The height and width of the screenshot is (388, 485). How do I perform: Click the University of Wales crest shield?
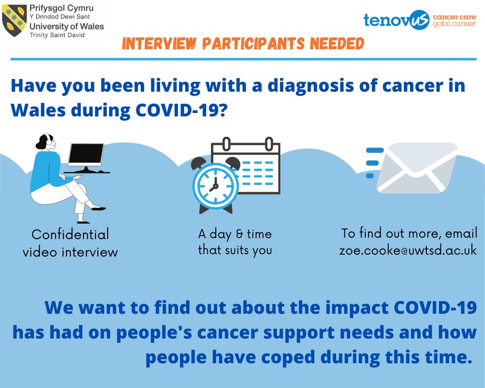pos(13,20)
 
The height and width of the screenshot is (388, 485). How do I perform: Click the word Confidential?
pos(70,235)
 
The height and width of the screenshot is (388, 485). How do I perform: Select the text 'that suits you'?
pos(235,250)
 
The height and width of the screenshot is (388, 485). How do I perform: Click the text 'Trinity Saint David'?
pos(54,35)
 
